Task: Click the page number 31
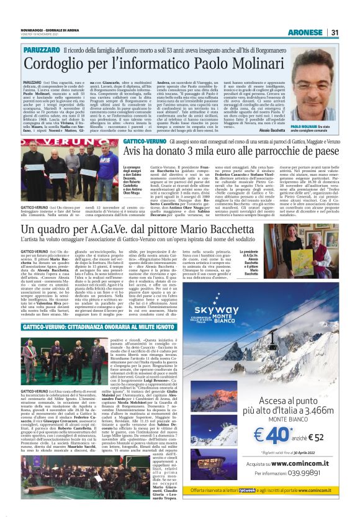coord(335,32)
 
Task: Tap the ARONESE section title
coord(306,32)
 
